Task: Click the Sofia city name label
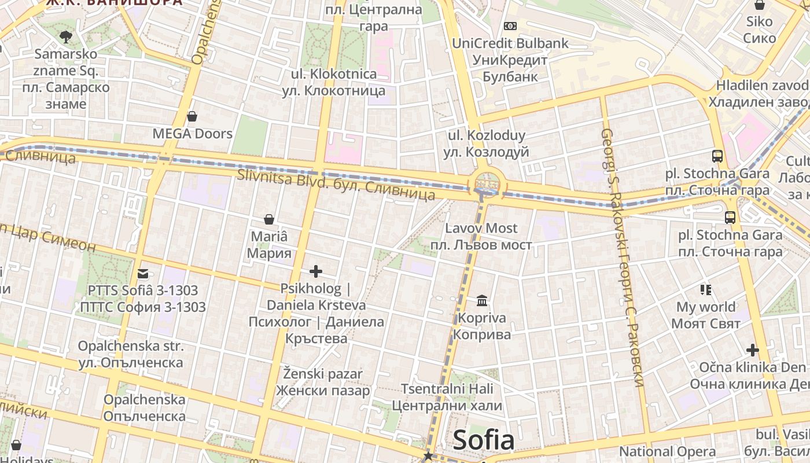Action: click(484, 440)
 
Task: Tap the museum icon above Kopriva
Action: click(482, 300)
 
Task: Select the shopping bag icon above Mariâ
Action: click(269, 219)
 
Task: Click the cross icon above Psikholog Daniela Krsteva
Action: click(316, 271)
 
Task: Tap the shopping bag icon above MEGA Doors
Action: click(192, 116)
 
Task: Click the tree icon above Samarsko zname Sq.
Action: click(66, 37)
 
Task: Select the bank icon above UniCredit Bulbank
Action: click(510, 26)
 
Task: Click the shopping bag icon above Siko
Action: click(759, 5)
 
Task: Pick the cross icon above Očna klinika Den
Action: click(752, 350)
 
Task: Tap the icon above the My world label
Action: click(705, 289)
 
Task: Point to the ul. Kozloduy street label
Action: click(487, 144)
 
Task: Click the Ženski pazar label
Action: click(323, 382)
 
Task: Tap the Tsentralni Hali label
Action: click(447, 396)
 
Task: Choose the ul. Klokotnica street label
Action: click(333, 82)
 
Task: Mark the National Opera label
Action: click(667, 451)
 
